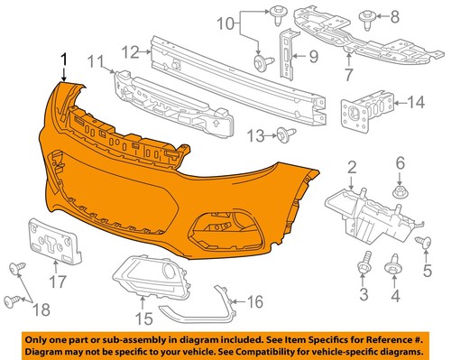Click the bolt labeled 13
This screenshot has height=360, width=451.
click(285, 136)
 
